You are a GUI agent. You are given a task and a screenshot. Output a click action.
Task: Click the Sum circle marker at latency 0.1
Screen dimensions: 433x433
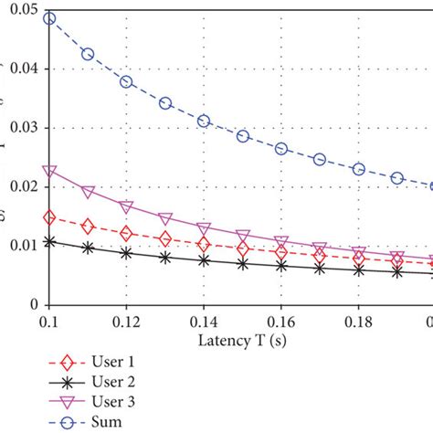tap(49, 18)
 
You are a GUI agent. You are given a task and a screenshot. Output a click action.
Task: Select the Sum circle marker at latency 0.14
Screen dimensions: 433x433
tap(204, 121)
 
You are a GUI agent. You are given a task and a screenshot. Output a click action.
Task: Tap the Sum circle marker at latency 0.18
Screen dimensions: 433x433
tap(358, 169)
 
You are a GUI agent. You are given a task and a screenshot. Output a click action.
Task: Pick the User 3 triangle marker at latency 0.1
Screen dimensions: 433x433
tap(49, 171)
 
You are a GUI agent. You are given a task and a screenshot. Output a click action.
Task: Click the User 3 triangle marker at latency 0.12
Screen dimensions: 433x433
tap(127, 207)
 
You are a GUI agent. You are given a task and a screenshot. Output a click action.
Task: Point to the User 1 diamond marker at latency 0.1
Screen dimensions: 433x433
tap(49, 217)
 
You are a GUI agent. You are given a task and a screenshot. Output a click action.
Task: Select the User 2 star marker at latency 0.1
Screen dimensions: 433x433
tap(49, 242)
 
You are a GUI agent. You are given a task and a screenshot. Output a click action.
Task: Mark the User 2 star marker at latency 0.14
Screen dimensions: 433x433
tap(204, 260)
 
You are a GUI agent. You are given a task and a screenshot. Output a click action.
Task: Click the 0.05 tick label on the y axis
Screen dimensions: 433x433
tap(20, 9)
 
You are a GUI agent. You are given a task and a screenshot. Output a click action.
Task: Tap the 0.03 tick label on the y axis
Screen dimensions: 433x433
tap(20, 127)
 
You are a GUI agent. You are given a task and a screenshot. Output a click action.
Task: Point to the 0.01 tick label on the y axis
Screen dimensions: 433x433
tap(20, 246)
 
